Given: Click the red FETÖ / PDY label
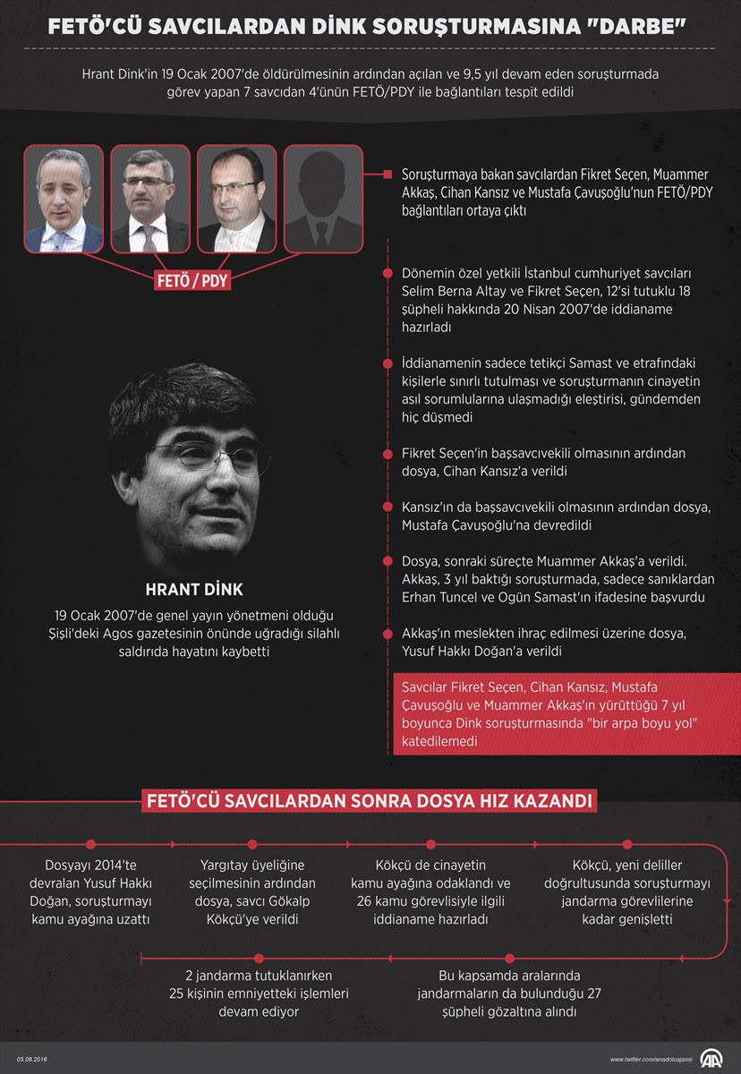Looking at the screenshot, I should (193, 280).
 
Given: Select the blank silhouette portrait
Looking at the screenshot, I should (323, 199).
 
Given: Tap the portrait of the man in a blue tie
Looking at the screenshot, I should (63, 199).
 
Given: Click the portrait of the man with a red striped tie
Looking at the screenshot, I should (150, 199).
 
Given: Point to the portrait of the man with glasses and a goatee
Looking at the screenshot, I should (236, 199).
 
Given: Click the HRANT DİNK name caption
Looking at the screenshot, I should (194, 590).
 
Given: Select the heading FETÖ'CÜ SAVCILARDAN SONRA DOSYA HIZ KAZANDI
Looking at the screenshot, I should (370, 799).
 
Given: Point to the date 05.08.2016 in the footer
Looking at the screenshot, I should (30, 1059).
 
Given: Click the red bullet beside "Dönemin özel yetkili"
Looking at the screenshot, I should (388, 273).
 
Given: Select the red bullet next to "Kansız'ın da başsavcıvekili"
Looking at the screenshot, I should (388, 507).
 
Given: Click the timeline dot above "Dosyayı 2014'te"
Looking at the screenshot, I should (91, 843).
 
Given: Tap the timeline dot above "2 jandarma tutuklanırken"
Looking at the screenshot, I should (259, 958).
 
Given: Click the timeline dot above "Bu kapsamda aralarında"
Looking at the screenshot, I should (509, 958).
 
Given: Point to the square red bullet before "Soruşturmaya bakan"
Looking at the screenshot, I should (388, 174).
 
